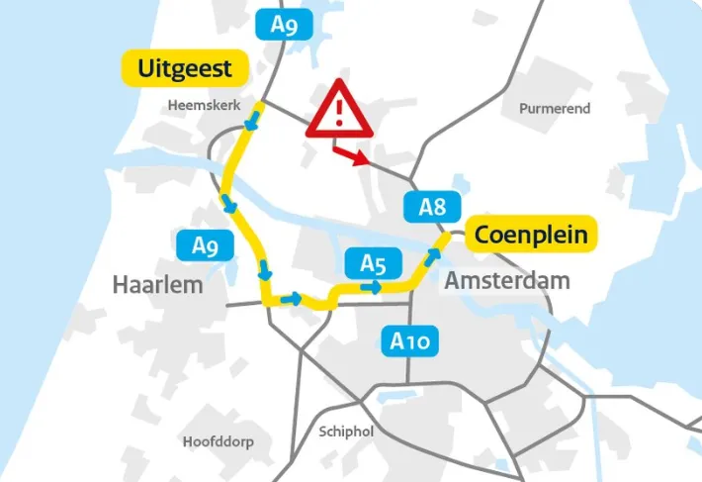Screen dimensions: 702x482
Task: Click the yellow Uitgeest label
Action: pyautogui.click(x=185, y=68)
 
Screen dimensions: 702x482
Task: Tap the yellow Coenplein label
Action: pyautogui.click(x=531, y=235)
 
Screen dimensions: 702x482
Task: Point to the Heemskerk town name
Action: pyautogui.click(x=205, y=103)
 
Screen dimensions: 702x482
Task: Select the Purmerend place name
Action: pyautogui.click(x=554, y=108)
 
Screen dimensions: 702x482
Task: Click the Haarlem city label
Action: pyautogui.click(x=157, y=285)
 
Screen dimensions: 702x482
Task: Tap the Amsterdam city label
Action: pyautogui.click(x=506, y=280)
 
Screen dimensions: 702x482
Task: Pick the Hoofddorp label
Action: pyautogui.click(x=218, y=441)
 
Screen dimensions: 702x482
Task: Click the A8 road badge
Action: pyautogui.click(x=432, y=207)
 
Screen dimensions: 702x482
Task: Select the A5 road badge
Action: pyautogui.click(x=372, y=263)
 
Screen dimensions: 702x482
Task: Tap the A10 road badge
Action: pyautogui.click(x=409, y=341)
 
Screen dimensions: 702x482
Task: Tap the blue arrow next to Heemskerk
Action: pyautogui.click(x=254, y=120)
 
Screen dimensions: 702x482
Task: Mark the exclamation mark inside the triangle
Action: pyautogui.click(x=339, y=111)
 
